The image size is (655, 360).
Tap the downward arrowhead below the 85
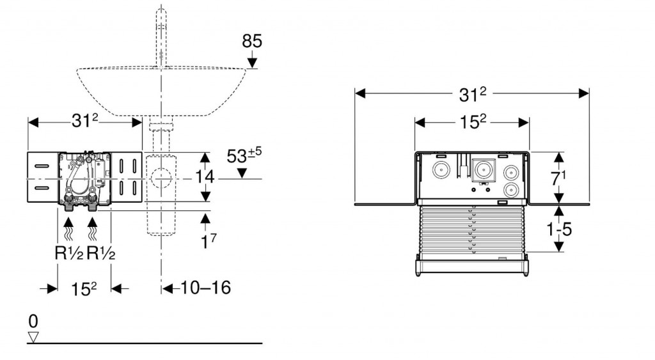(252, 61)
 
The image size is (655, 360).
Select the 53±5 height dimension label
(243, 155)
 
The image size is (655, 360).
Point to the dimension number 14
(205, 176)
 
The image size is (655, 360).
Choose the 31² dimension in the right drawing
(472, 94)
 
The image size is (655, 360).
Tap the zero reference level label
(33, 321)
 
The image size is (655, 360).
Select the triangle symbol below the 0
(33, 337)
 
